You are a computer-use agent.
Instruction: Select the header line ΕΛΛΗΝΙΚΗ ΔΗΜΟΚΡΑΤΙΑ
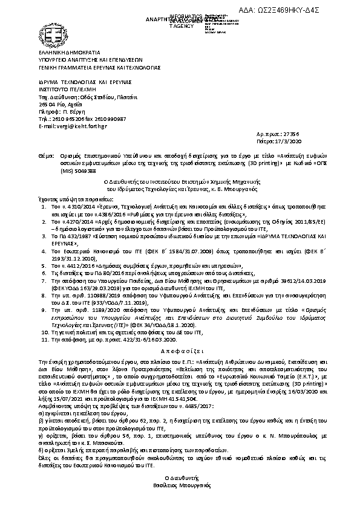(64, 54)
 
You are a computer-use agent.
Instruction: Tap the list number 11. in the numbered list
(45, 340)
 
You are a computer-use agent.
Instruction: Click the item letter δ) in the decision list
(41, 450)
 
